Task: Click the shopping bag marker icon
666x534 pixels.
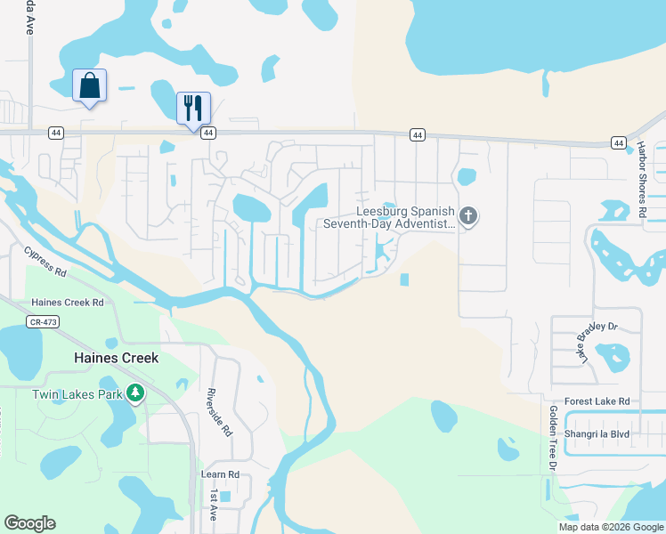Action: pos(89,86)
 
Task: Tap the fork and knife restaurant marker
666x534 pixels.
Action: pos(193,109)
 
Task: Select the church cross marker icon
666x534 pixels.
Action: pos(468,215)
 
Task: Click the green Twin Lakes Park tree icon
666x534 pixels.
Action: pos(134,393)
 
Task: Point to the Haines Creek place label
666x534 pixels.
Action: pos(116,358)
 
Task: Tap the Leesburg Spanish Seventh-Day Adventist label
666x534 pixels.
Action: pos(405,218)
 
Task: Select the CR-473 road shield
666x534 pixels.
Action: pos(43,322)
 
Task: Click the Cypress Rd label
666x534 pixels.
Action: pos(46,263)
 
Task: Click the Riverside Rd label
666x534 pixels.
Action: pos(219,412)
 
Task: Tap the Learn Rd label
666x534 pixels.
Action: pos(221,474)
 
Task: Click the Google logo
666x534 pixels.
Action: pos(29,523)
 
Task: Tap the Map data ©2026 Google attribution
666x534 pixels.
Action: pos(611,527)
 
